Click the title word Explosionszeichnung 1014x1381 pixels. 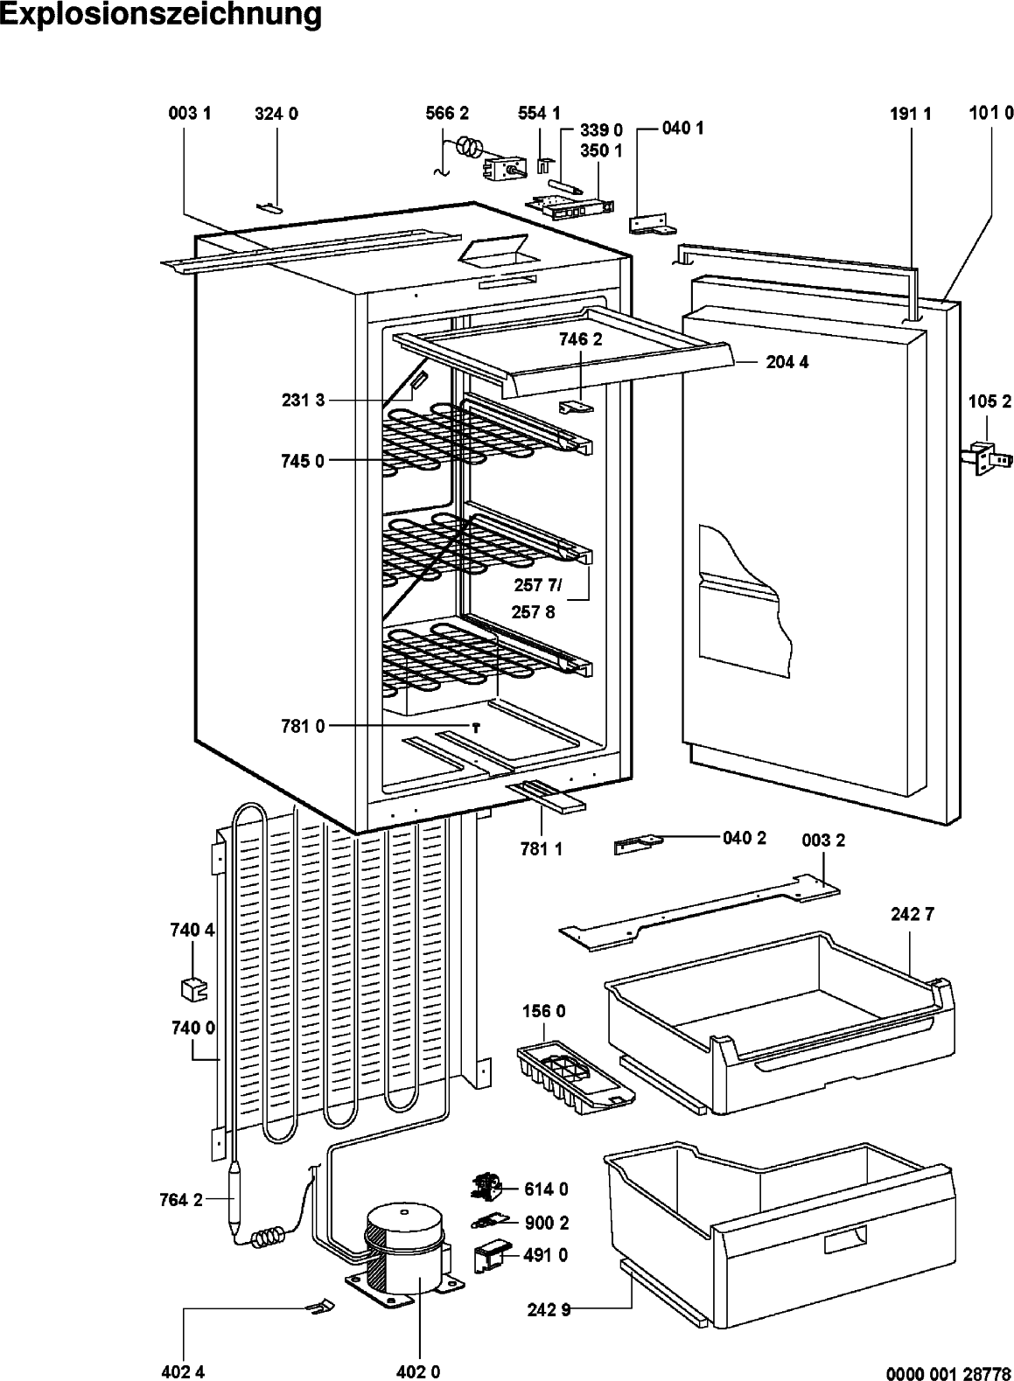(x=161, y=15)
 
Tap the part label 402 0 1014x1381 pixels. (x=418, y=1371)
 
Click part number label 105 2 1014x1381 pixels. (x=990, y=401)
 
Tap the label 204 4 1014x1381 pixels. (x=787, y=362)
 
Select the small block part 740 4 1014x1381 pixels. (x=194, y=989)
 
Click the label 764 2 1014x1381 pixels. (x=181, y=1200)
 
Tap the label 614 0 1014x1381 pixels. (x=547, y=1189)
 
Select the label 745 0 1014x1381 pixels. (x=302, y=461)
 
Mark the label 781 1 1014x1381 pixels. (x=542, y=849)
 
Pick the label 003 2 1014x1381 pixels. (x=823, y=840)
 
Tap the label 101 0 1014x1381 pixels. (x=991, y=113)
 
